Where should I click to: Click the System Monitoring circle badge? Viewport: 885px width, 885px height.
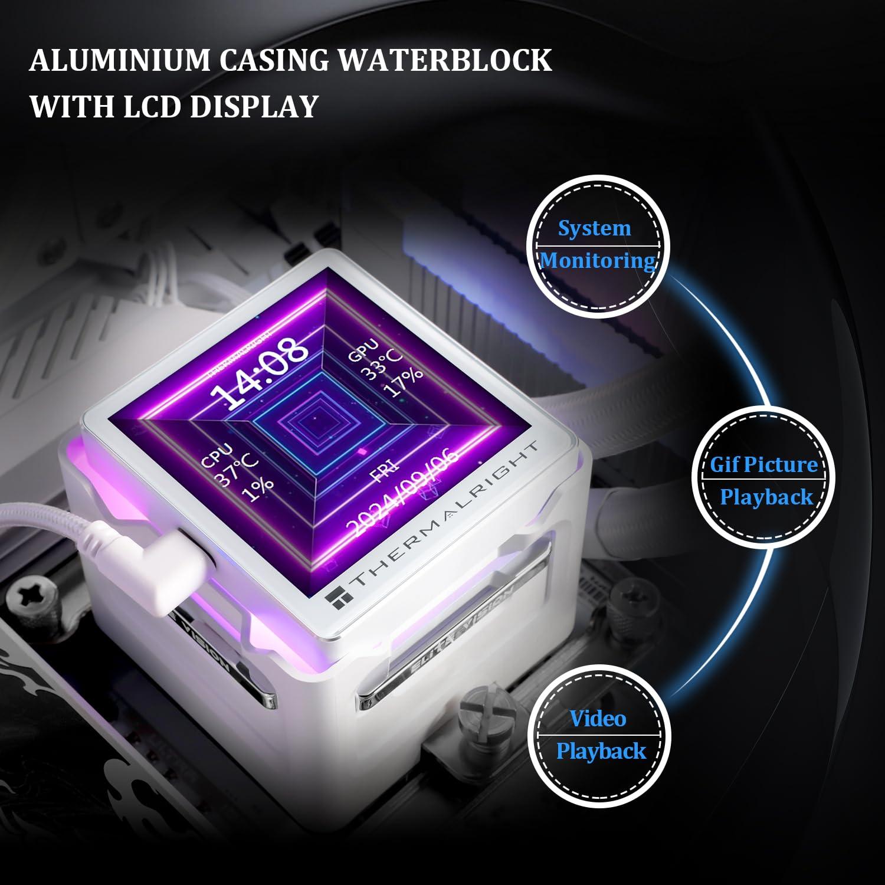597,245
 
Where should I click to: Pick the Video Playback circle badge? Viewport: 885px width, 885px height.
599,735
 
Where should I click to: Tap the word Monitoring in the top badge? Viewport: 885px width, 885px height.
597,261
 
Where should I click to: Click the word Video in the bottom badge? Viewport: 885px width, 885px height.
597,719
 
